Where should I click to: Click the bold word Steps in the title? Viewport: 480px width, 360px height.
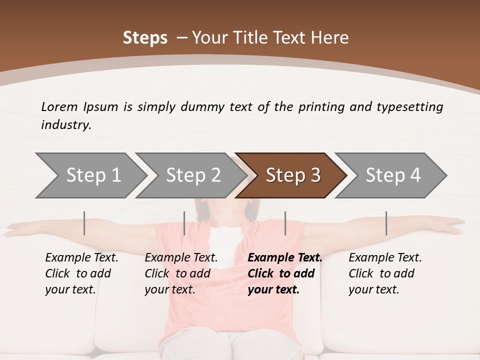click(x=145, y=37)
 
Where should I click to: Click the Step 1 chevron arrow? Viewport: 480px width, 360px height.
click(x=93, y=175)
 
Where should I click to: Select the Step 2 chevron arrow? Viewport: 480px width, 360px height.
click(x=193, y=175)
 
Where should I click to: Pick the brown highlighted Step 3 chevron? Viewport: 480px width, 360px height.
click(x=292, y=175)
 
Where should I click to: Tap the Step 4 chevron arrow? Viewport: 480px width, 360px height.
click(x=392, y=175)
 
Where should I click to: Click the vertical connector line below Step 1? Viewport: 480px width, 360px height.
click(x=84, y=223)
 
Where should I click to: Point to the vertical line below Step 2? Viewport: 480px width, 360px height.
click(x=184, y=223)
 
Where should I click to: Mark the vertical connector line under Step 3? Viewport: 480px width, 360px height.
click(x=285, y=223)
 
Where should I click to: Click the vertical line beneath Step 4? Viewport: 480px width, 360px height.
click(x=386, y=223)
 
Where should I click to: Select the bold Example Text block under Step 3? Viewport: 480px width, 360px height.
click(x=284, y=273)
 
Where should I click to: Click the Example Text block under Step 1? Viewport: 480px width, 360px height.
click(x=81, y=273)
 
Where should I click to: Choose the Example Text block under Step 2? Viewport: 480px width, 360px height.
click(x=181, y=273)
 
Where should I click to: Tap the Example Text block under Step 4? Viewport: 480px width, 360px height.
click(x=385, y=273)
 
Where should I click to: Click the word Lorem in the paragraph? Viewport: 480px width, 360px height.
click(x=59, y=106)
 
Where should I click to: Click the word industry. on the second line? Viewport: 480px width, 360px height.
click(x=66, y=125)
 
